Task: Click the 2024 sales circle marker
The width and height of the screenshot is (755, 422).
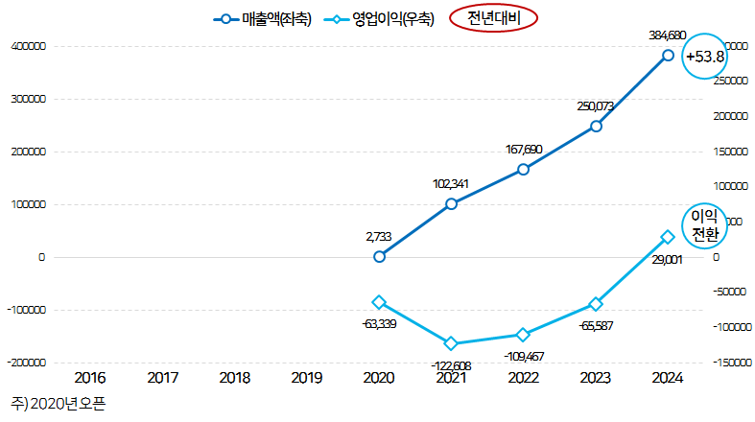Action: click(x=668, y=56)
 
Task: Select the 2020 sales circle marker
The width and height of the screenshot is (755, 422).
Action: click(x=379, y=256)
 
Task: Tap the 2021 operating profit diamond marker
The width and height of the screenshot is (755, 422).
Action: click(x=451, y=343)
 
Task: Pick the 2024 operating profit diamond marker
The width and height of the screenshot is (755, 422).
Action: click(x=668, y=237)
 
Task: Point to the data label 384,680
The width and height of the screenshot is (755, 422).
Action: click(x=668, y=35)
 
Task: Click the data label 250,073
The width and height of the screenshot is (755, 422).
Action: click(x=596, y=105)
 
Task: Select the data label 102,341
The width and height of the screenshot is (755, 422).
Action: click(x=451, y=183)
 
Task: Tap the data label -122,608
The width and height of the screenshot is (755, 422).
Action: click(x=451, y=365)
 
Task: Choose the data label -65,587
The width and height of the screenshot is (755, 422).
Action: click(x=596, y=326)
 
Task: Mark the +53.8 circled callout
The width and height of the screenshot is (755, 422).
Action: click(x=704, y=58)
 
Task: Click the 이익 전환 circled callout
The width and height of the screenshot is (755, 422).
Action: click(x=704, y=225)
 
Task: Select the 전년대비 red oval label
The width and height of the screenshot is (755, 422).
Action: click(x=494, y=19)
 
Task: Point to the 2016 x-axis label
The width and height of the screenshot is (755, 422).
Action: click(x=90, y=378)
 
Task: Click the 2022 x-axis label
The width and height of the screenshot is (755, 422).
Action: click(x=523, y=378)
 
